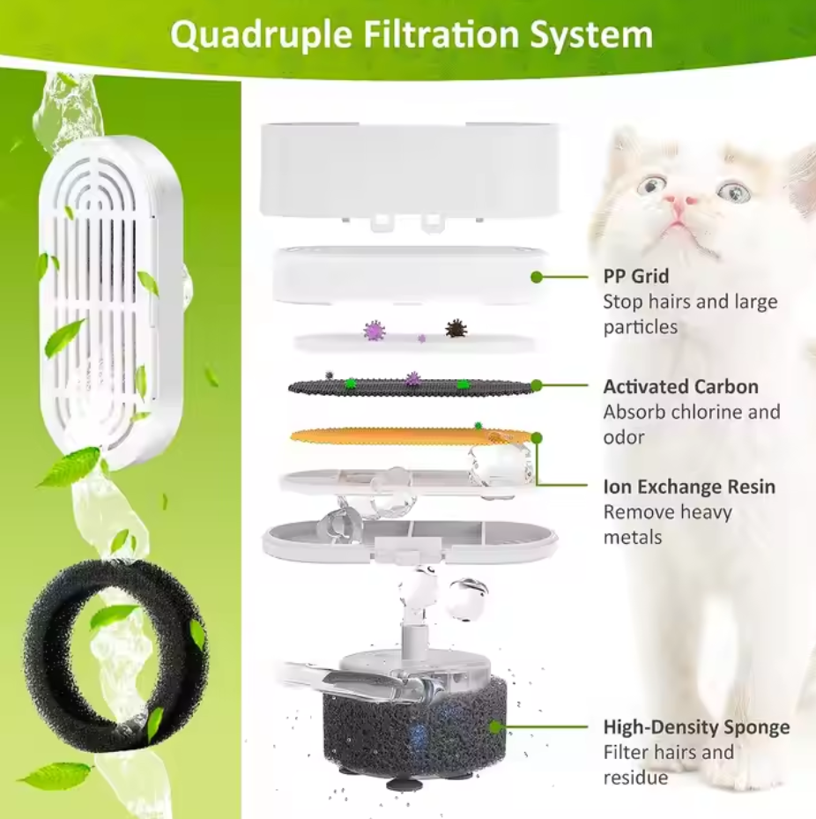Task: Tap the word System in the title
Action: pyautogui.click(x=591, y=35)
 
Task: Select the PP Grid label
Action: pyautogui.click(x=636, y=276)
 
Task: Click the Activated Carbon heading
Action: pyautogui.click(x=681, y=386)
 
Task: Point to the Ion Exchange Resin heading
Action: pyautogui.click(x=689, y=487)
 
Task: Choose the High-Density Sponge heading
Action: pyautogui.click(x=696, y=727)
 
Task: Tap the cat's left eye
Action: pyautogui.click(x=652, y=185)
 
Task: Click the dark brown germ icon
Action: pyautogui.click(x=456, y=329)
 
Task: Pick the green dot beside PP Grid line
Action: pyautogui.click(x=536, y=277)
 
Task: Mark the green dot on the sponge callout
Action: pyautogui.click(x=495, y=726)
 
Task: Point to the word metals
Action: pyautogui.click(x=633, y=538)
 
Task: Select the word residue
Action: pyautogui.click(x=636, y=778)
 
